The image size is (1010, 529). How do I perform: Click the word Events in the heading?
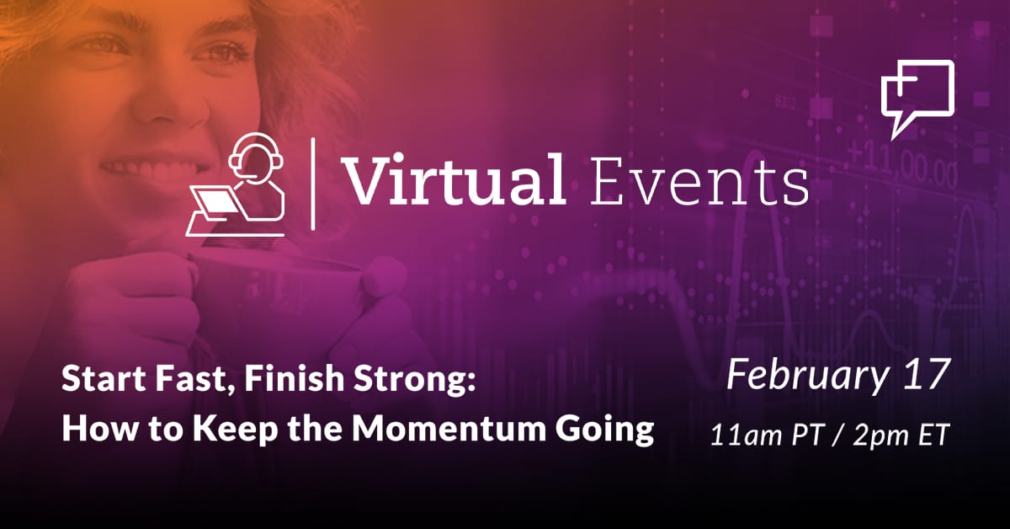(x=699, y=181)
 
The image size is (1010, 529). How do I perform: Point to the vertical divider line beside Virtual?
(x=313, y=184)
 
